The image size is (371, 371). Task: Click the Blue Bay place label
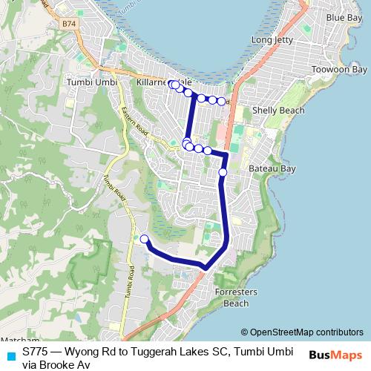click(x=344, y=17)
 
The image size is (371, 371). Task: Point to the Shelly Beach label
click(x=278, y=111)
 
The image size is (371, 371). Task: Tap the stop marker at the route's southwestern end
click(x=145, y=239)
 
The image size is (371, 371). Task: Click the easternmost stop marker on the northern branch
click(x=221, y=101)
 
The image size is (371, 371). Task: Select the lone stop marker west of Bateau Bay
click(x=223, y=173)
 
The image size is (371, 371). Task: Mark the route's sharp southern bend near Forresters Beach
click(x=205, y=266)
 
